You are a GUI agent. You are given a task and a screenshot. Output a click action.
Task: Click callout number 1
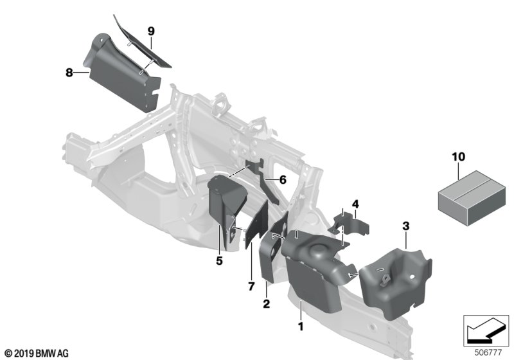300,327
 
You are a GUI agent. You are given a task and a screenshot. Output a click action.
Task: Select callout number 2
266,303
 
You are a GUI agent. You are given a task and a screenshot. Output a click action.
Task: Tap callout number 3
406,226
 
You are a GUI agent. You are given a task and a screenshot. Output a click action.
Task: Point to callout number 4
355,204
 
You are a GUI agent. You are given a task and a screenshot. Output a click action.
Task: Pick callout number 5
219,261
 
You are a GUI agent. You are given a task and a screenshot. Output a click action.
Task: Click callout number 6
283,179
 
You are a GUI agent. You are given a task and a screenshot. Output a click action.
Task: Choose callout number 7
251,287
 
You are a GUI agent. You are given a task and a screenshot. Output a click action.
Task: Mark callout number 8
69,73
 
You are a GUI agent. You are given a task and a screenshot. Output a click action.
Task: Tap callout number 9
151,32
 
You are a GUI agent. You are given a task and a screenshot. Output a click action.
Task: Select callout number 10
458,157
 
